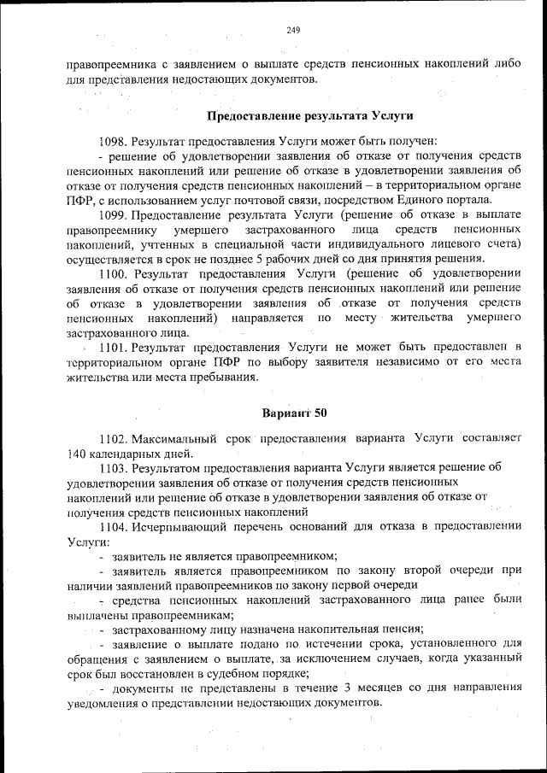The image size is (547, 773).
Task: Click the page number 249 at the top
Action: tap(293, 30)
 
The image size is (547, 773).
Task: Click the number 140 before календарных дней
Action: tap(77, 453)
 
